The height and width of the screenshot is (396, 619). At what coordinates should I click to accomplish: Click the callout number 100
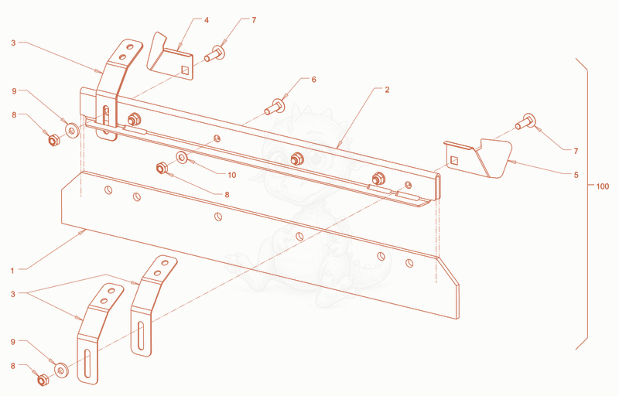coord(602,186)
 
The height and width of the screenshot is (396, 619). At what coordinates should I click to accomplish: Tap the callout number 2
coord(387,90)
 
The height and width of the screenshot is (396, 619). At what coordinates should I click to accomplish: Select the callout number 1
coord(12,271)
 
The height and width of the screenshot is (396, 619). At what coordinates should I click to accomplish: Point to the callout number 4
coord(207,20)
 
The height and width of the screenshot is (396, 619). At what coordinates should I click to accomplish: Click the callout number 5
coord(576,175)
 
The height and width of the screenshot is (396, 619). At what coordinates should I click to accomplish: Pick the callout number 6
coord(314,80)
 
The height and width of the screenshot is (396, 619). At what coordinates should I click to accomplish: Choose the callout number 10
coord(231,175)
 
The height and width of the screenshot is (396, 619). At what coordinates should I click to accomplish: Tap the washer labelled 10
coord(182,158)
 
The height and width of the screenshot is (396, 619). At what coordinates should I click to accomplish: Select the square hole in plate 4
coord(185,70)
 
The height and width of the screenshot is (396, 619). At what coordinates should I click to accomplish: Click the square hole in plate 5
coord(454,160)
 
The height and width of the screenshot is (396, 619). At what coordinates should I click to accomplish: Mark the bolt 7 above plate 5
coord(525,121)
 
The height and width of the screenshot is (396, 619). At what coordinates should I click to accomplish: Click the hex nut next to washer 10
coord(161,169)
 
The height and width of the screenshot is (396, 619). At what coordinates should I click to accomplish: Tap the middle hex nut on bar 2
coord(296,159)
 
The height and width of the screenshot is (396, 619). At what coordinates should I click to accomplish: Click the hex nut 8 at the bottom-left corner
coord(43,380)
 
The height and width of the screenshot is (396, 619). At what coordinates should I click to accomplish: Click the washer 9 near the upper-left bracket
coord(71,130)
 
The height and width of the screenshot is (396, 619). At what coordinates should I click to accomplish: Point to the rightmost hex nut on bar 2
coord(378,179)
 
